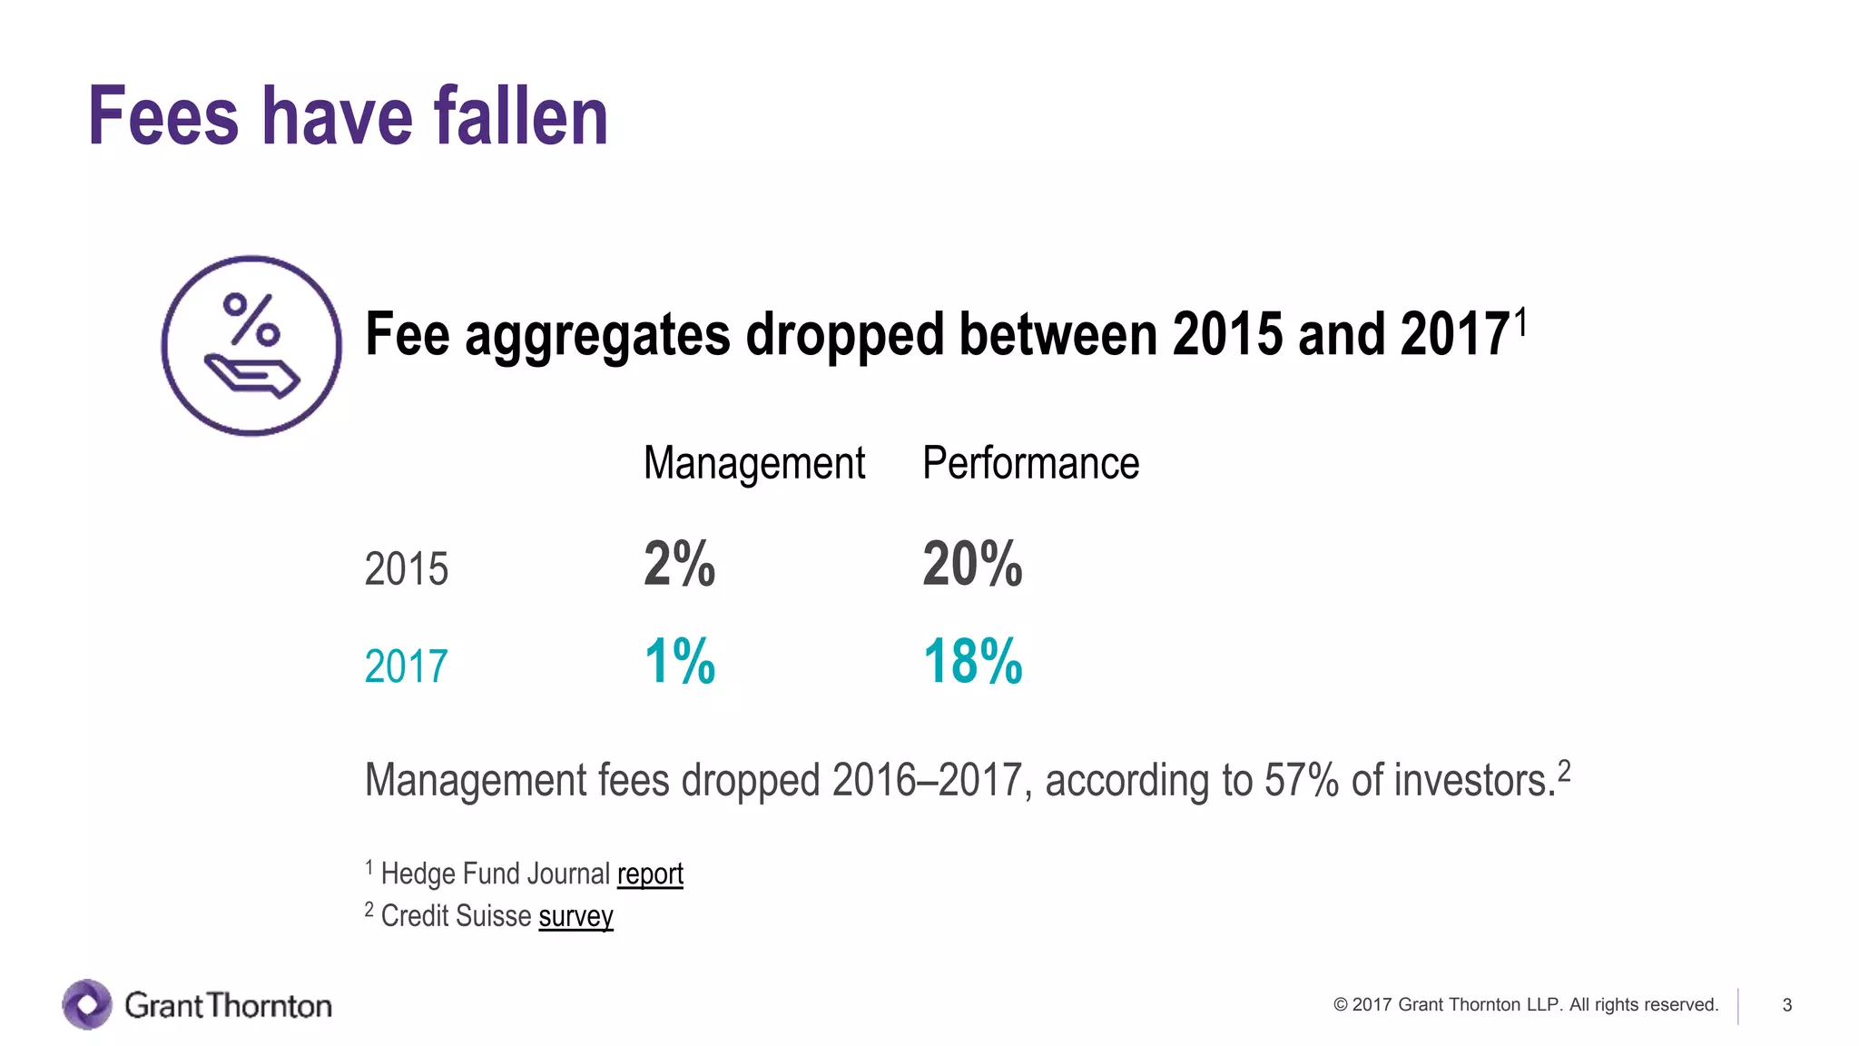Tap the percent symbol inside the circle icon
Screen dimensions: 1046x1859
coord(251,320)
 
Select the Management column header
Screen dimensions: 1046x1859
coord(754,464)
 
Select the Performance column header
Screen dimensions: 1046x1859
coord(1030,464)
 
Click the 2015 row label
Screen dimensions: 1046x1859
coord(406,569)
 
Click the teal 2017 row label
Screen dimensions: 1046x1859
coord(406,666)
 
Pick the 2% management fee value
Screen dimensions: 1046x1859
coord(679,564)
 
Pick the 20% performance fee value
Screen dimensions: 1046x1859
coord(972,564)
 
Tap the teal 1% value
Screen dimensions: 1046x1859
coord(679,661)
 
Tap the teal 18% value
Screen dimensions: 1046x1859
coord(972,661)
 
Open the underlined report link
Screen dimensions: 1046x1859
coord(650,873)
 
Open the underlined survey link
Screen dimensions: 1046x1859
coord(575,916)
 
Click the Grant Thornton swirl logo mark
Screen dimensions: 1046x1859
coord(87,1004)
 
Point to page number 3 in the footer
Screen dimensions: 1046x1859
coord(1786,1005)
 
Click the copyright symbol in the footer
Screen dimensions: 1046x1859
coord(1340,1005)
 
